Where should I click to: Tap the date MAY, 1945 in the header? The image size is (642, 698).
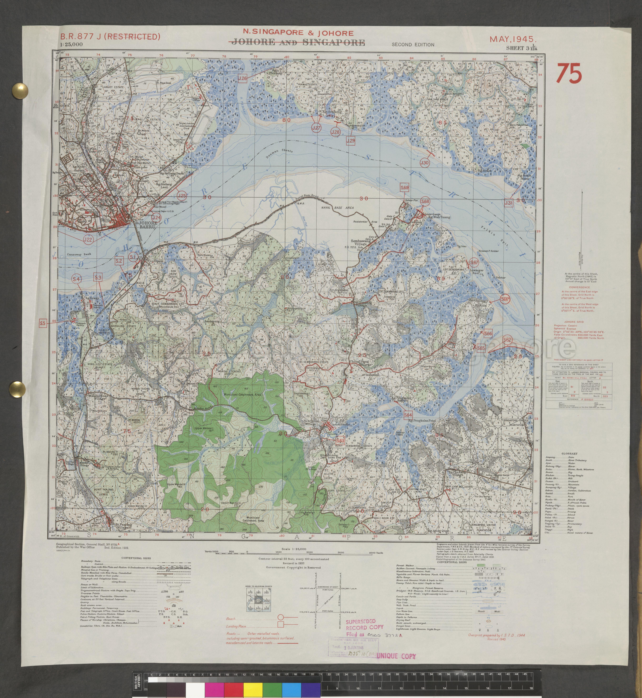(513, 39)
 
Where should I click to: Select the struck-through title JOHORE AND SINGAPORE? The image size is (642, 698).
(298, 42)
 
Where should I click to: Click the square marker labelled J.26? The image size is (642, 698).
(243, 78)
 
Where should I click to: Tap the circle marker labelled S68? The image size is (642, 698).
(425, 202)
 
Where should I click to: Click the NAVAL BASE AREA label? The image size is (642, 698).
(337, 208)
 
